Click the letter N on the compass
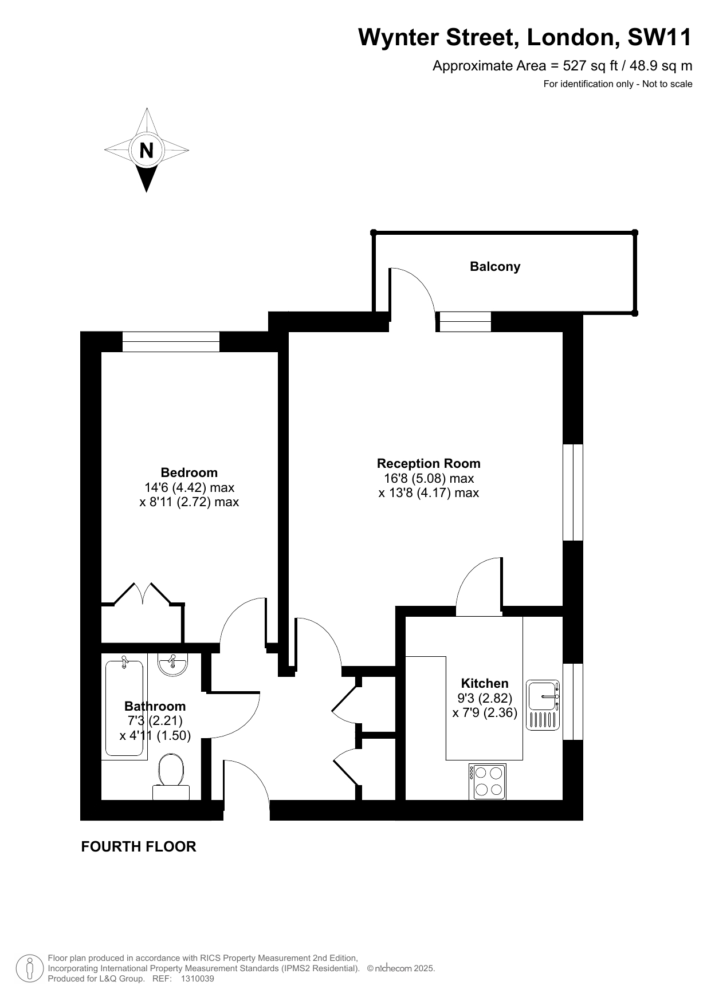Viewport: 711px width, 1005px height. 147,150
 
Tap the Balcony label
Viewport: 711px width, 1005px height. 495,266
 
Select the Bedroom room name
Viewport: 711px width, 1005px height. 189,472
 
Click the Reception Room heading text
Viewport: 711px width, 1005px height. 429,463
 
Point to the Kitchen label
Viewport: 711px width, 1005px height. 485,683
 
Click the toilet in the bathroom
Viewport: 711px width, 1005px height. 171,777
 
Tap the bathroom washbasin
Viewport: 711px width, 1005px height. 172,664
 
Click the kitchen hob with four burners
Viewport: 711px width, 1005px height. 488,782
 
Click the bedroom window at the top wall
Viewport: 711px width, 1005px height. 171,342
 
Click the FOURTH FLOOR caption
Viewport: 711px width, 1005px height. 139,846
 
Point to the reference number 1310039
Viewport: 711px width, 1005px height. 197,979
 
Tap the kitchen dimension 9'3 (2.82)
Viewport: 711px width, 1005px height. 485,698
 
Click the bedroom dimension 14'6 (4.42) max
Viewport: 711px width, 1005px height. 189,487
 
